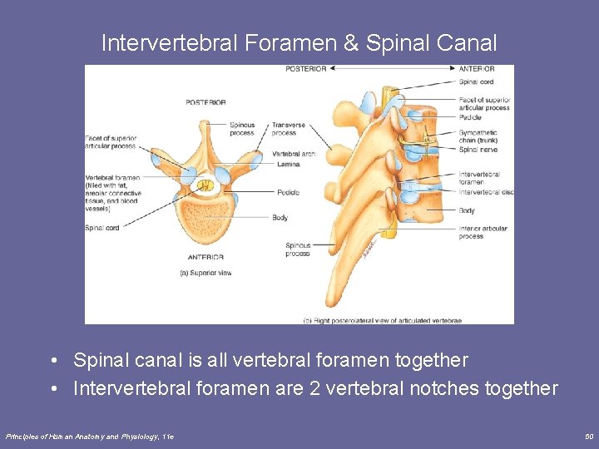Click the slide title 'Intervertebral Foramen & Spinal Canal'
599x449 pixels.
pos(299,42)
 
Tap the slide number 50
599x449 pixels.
pos(589,436)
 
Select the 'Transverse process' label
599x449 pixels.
pos(288,129)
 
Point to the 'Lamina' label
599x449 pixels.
pos(288,165)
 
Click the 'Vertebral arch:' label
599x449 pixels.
pos(292,155)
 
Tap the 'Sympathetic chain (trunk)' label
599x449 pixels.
pos(478,136)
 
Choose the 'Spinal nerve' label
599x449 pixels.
pos(478,150)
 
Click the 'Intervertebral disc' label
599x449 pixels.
pos(486,192)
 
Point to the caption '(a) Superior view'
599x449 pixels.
pos(206,273)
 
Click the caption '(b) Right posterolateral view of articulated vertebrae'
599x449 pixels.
pos(382,319)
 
